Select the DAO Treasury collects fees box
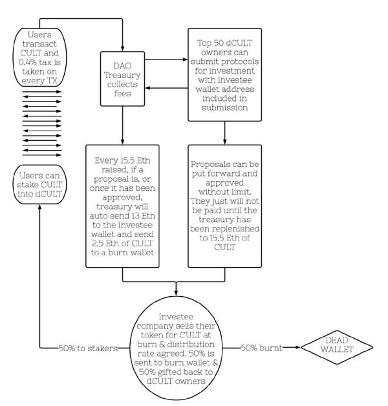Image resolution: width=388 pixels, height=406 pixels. pos(122,78)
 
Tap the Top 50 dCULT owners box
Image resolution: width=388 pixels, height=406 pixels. pos(224,74)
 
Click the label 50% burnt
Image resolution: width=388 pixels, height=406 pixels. pos(263,349)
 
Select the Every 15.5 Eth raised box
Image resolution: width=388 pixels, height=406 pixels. pos(122,206)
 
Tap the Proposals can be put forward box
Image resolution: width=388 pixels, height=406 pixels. pos(224,206)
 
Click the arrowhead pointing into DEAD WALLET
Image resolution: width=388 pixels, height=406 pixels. pos(302,349)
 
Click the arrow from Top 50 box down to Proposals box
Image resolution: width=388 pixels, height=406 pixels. pos(225,133)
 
